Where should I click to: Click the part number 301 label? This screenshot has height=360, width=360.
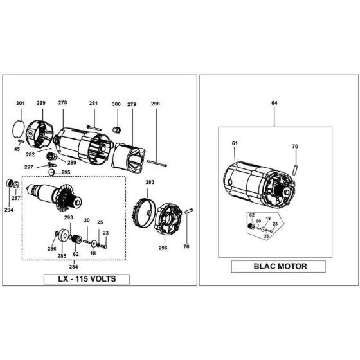[x=21, y=104]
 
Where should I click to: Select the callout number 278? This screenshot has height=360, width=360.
[x=62, y=104]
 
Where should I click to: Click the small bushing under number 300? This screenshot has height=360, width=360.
[x=116, y=130]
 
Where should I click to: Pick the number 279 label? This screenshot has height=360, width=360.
[x=132, y=104]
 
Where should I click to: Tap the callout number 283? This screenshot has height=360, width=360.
[x=150, y=183]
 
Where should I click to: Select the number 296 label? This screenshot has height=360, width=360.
[x=163, y=247]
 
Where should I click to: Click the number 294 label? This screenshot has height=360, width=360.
[x=8, y=210]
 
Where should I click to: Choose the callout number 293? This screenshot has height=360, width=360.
[x=69, y=218]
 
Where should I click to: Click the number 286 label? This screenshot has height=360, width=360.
[x=51, y=248]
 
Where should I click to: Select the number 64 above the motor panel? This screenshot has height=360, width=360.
[x=274, y=102]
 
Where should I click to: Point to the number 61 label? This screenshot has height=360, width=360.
[x=235, y=143]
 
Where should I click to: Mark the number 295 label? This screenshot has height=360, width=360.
[x=66, y=173]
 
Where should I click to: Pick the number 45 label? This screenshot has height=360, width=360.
[x=17, y=149]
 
